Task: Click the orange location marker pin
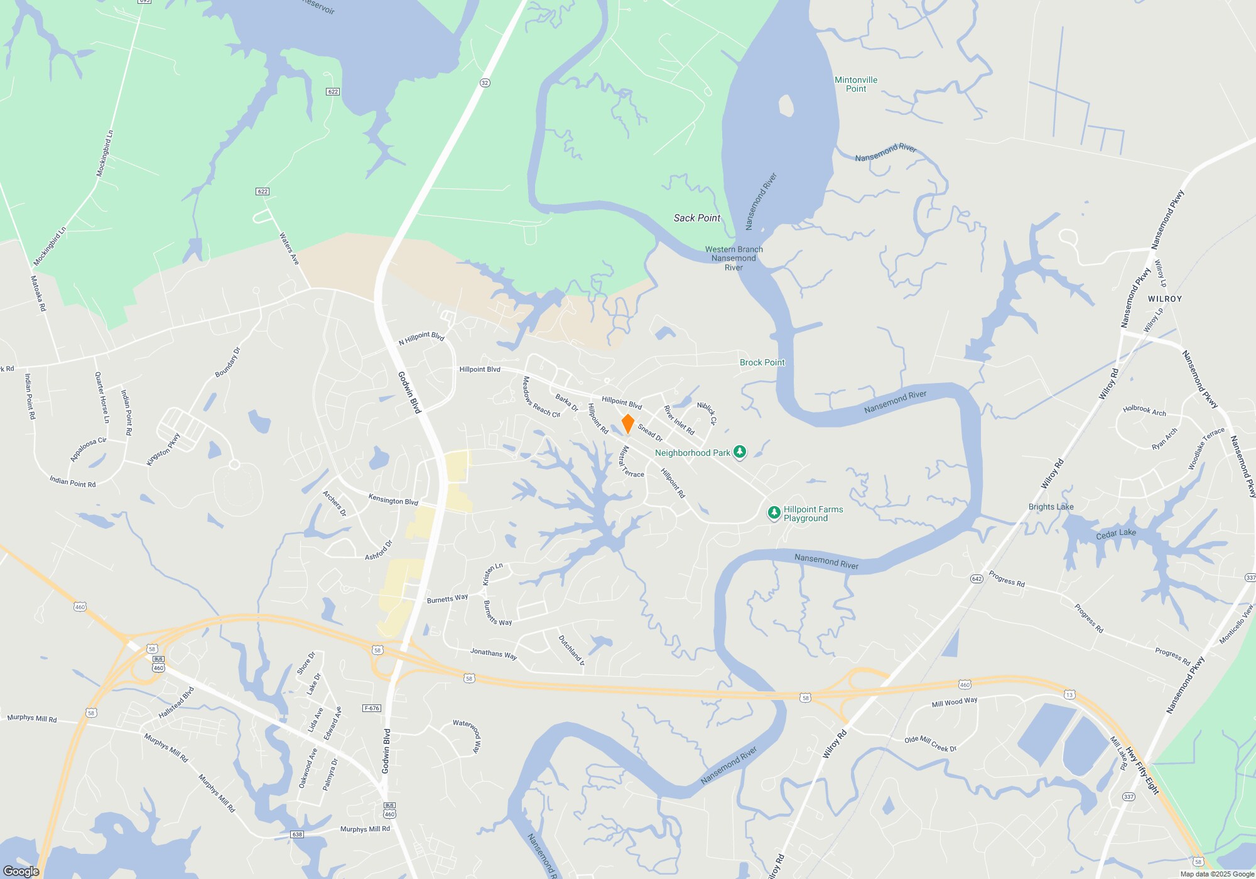[x=627, y=423]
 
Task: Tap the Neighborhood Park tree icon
[x=740, y=452]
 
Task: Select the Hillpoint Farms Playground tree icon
[x=774, y=513]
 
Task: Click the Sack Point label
[x=696, y=218]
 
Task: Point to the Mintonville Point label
[x=856, y=84]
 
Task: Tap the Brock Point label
[x=762, y=362]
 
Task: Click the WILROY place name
[x=1165, y=299]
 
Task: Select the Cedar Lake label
[x=1116, y=534]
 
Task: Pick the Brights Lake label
[x=1051, y=507]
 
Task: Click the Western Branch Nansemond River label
[x=734, y=258]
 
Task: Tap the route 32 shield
[x=484, y=83]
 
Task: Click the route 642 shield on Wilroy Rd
[x=977, y=578]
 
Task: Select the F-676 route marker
[x=372, y=708]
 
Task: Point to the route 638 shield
[x=297, y=834]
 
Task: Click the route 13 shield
[x=1069, y=694]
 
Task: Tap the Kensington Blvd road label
[x=393, y=500]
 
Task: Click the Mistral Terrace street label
[x=631, y=462]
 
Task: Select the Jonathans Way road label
[x=494, y=654]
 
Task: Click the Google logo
[x=21, y=871]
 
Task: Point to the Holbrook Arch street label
[x=1144, y=411]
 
